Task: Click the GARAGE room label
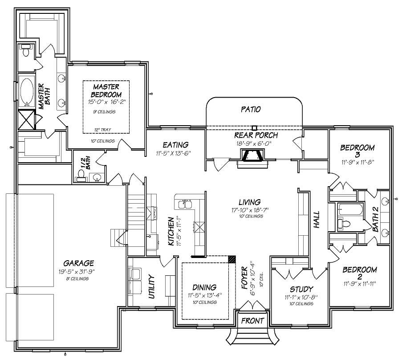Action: pos(78,263)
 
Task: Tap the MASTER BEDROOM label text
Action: pos(106,91)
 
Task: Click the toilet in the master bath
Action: pos(25,51)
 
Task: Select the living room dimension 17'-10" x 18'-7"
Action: pos(249,209)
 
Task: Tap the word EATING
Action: pos(175,145)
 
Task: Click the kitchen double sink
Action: pos(186,205)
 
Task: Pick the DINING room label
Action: pos(204,287)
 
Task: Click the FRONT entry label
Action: pos(252,321)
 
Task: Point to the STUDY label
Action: pos(299,289)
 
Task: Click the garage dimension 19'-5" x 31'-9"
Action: pos(76,271)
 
